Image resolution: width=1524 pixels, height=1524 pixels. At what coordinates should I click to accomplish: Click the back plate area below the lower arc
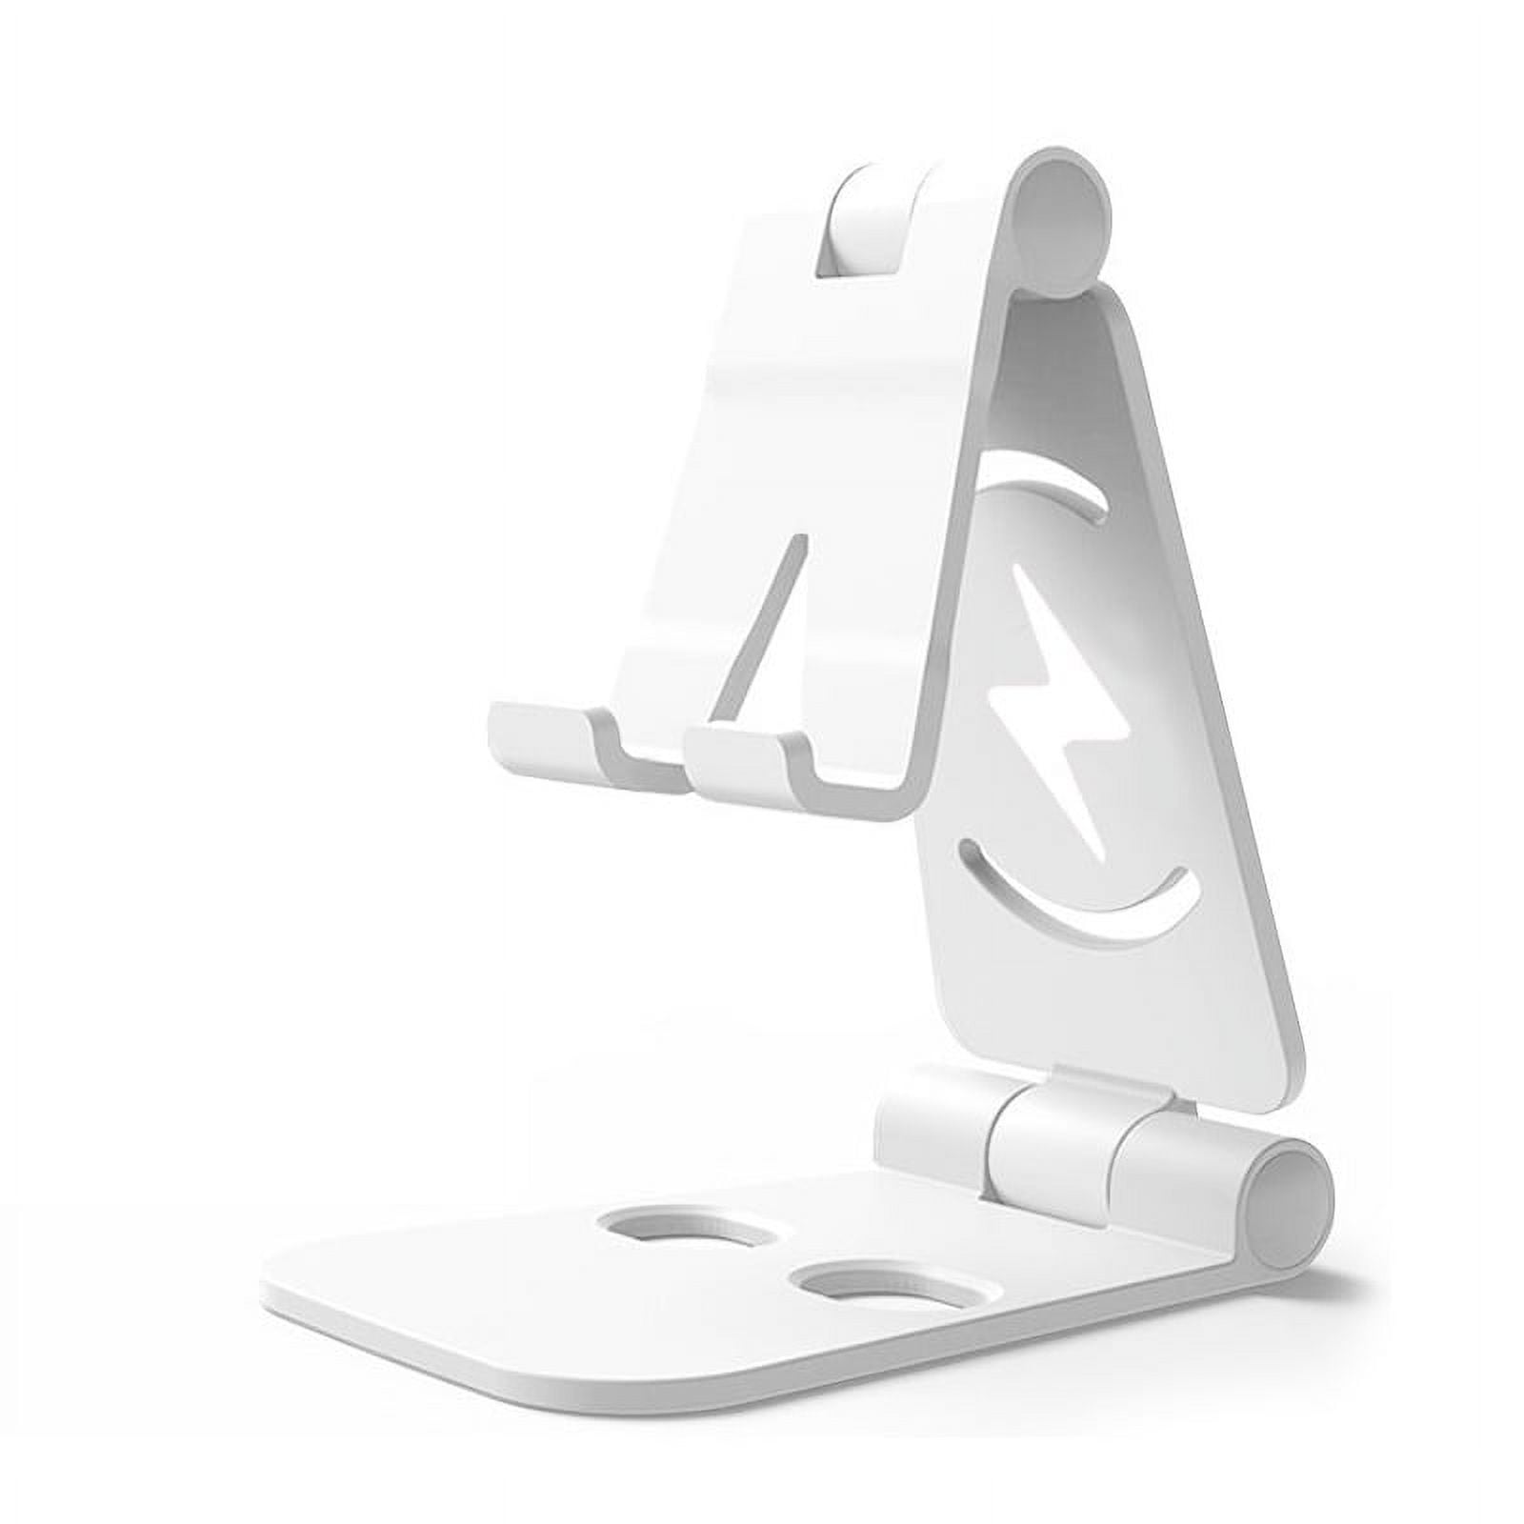(1095, 1029)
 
